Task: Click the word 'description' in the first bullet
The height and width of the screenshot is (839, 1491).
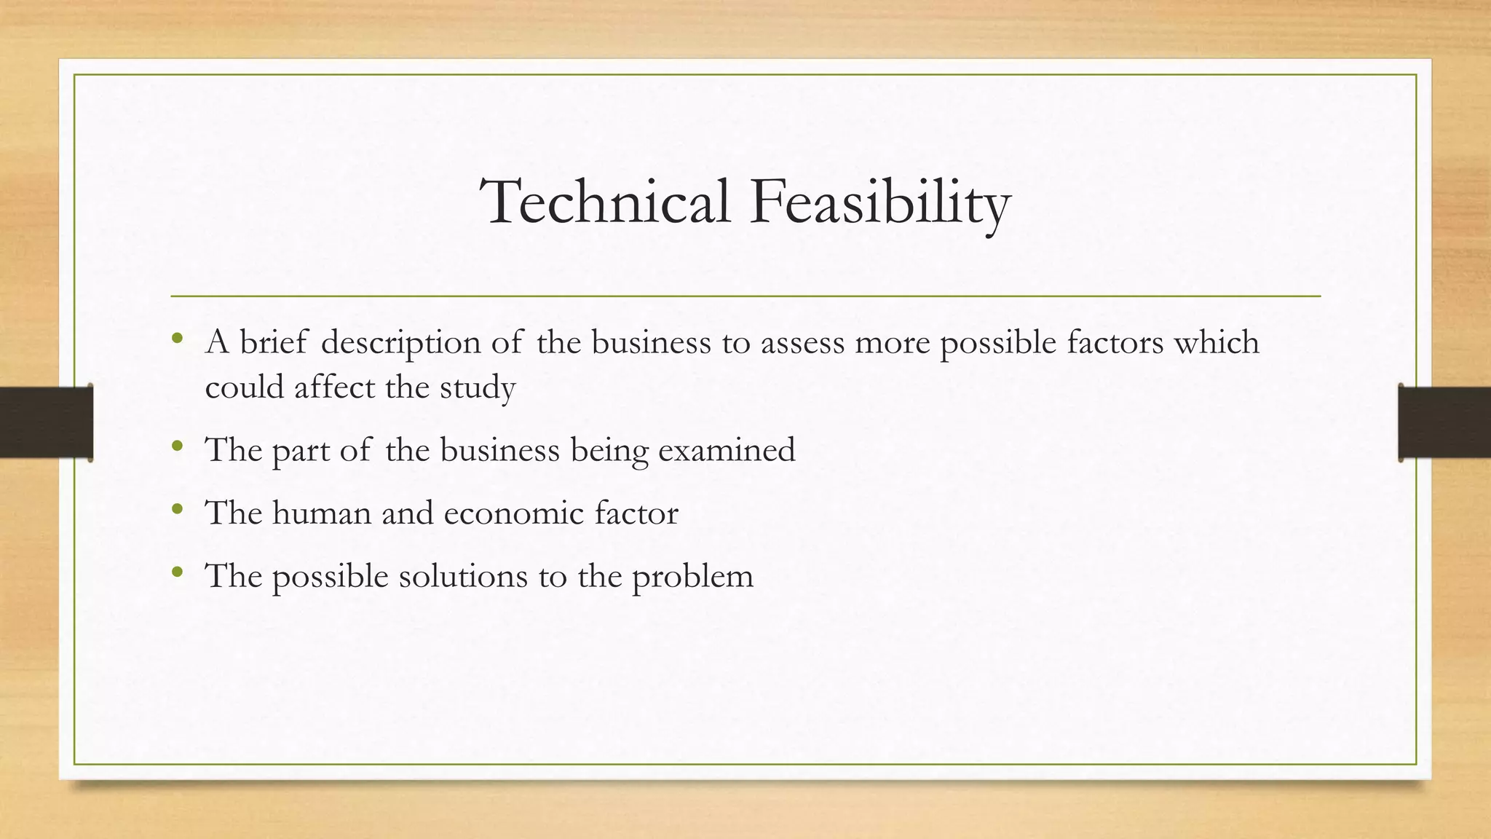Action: coord(400,343)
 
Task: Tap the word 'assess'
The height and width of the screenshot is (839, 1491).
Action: coord(802,343)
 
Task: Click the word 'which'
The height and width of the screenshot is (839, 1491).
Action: coord(1217,342)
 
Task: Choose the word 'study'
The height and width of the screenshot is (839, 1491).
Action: coord(478,388)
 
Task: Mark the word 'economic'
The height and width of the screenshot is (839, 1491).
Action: coord(513,513)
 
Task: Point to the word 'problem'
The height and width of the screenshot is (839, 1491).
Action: coord(692,577)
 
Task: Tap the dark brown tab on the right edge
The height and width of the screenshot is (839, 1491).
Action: coord(1444,422)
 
